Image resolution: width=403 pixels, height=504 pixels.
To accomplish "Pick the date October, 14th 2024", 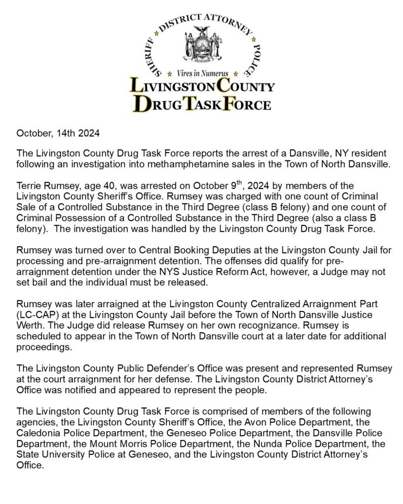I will click(x=59, y=133).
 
